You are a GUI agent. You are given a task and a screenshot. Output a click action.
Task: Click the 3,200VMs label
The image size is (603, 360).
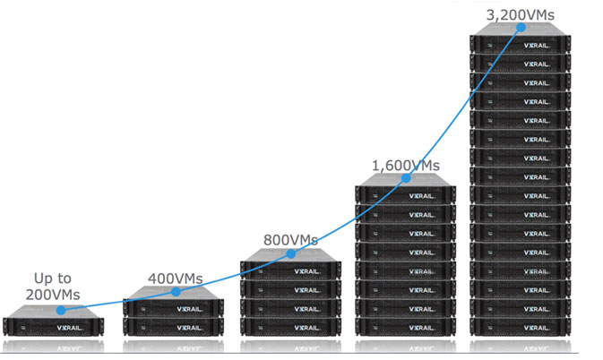click(x=519, y=13)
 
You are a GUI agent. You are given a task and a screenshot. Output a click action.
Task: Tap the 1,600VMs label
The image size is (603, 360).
click(x=406, y=165)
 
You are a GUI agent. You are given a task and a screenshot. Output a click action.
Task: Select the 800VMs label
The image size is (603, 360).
click(x=291, y=240)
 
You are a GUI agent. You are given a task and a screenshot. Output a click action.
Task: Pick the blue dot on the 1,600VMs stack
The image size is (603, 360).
click(x=406, y=178)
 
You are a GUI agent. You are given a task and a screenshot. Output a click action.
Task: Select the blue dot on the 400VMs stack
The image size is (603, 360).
click(x=176, y=292)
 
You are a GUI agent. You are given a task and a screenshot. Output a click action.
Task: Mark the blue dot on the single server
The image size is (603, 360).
click(x=60, y=311)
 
